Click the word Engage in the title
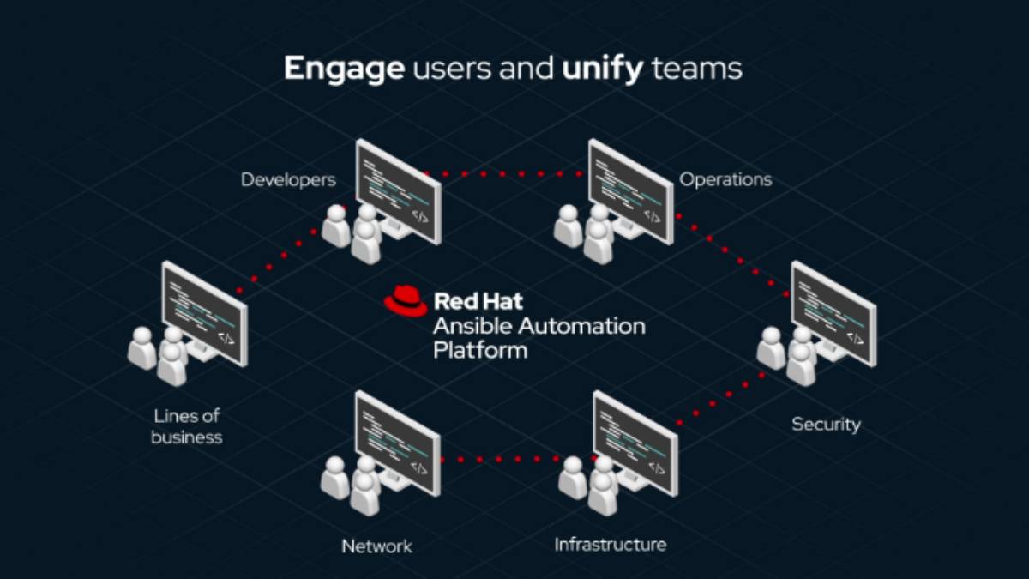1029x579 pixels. click(x=344, y=69)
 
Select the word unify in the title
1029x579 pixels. click(x=602, y=69)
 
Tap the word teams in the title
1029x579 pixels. click(x=696, y=69)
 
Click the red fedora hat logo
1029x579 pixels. click(x=406, y=301)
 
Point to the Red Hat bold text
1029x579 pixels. click(x=478, y=301)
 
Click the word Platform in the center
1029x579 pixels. click(x=480, y=351)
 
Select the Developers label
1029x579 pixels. click(x=288, y=179)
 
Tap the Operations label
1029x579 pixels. click(x=725, y=179)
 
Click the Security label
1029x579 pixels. click(x=826, y=424)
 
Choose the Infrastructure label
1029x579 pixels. click(x=611, y=545)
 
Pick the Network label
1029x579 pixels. click(x=376, y=546)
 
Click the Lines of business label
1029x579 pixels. click(x=187, y=426)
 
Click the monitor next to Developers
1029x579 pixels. click(x=398, y=191)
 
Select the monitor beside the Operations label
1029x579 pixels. click(x=631, y=191)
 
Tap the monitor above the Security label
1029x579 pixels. click(x=833, y=314)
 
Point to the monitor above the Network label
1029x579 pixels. click(x=398, y=443)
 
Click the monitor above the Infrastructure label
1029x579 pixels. click(x=635, y=443)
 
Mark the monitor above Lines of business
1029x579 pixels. click(x=204, y=314)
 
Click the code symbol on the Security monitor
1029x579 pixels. click(x=855, y=339)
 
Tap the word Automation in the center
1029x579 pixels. click(x=582, y=326)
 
